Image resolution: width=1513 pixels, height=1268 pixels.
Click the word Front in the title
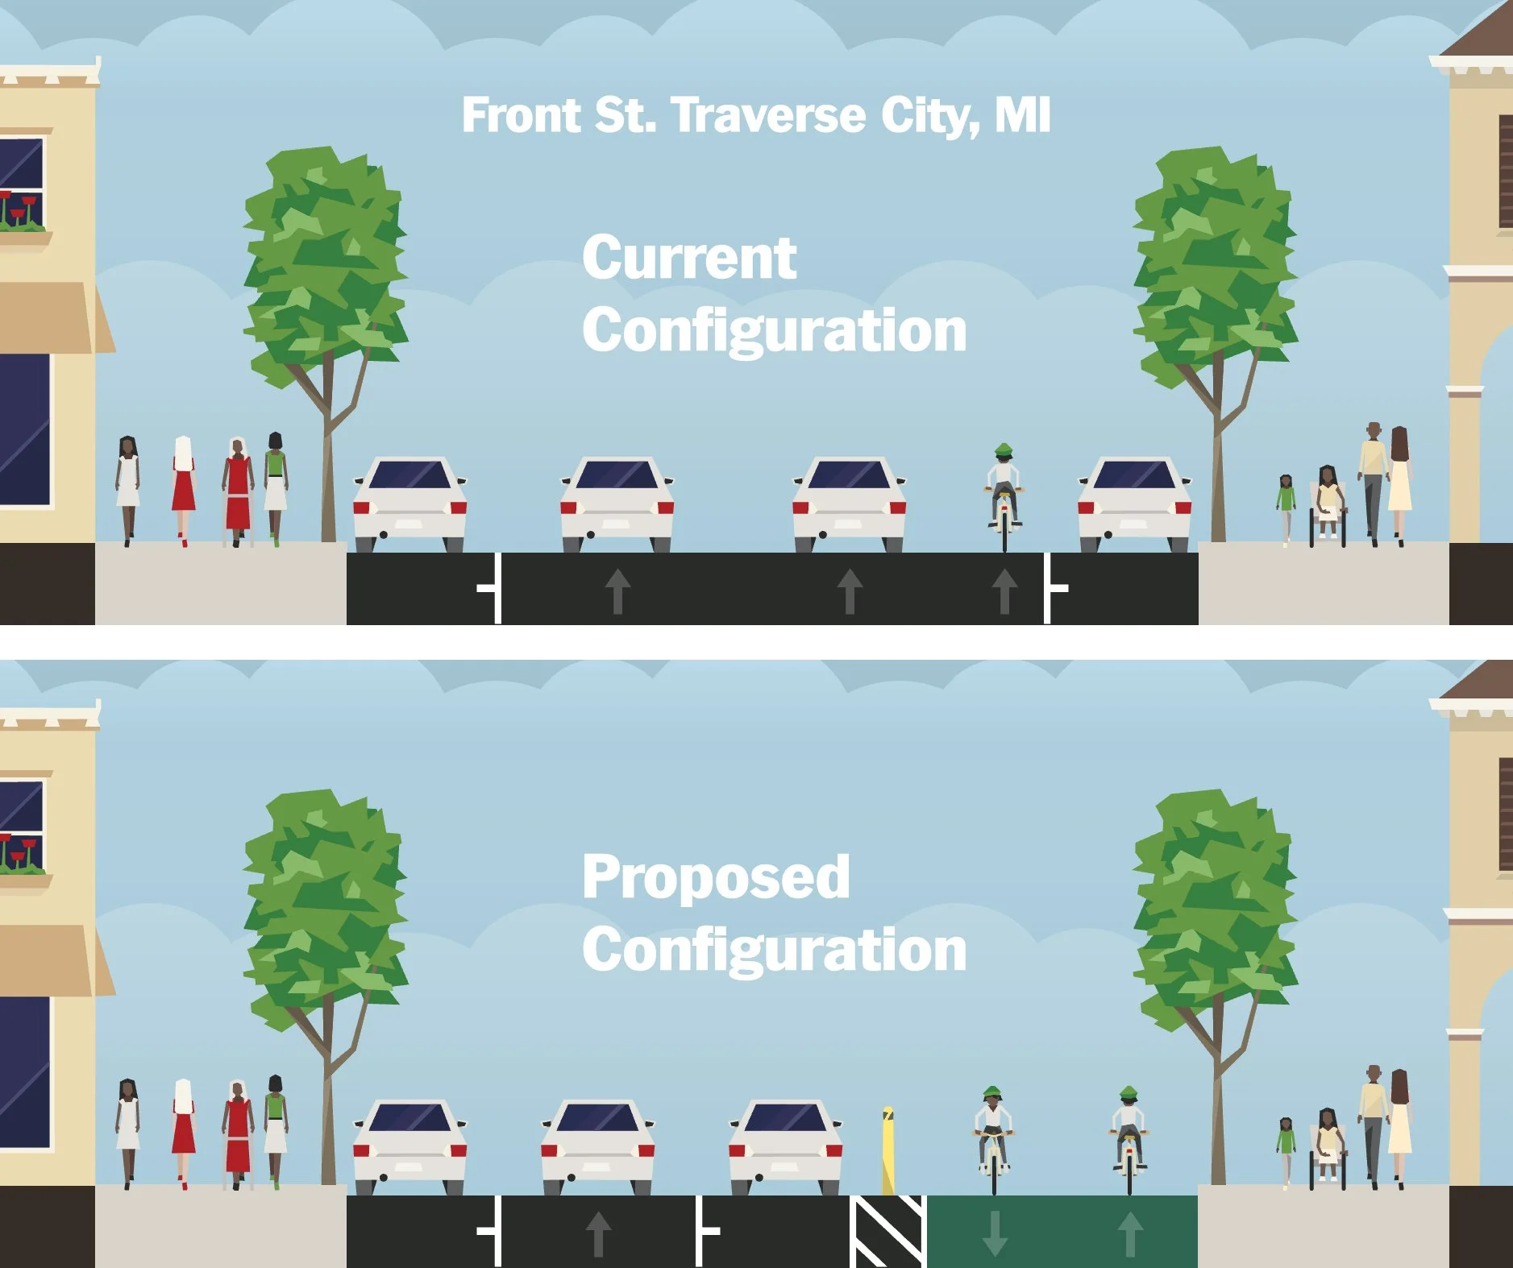pyautogui.click(x=521, y=116)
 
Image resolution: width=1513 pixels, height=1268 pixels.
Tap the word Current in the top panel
pyautogui.click(x=689, y=258)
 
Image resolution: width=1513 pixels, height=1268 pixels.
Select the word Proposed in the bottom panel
pyautogui.click(x=716, y=876)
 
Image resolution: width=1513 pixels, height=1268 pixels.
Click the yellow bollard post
pyautogui.click(x=887, y=1150)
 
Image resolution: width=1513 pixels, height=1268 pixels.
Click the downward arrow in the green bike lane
pyautogui.click(x=995, y=1233)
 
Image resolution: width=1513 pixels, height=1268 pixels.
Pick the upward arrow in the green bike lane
pyautogui.click(x=1129, y=1233)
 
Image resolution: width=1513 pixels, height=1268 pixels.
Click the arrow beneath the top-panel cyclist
pyautogui.click(x=1004, y=590)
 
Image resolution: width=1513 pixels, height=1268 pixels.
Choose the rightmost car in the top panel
pyautogui.click(x=1134, y=504)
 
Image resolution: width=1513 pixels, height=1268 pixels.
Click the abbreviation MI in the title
pyautogui.click(x=1022, y=116)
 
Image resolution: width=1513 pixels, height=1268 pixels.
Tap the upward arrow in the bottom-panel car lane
pyautogui.click(x=597, y=1233)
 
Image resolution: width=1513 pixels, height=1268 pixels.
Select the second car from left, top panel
pyautogui.click(x=617, y=504)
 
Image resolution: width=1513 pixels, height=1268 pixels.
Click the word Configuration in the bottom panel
pyautogui.click(x=774, y=951)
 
